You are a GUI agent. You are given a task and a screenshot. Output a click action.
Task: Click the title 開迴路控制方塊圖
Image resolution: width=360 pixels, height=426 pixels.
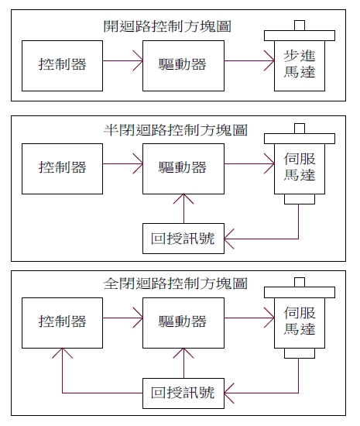click(167, 26)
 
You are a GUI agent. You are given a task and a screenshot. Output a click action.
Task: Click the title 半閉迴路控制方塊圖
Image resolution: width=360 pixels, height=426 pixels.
click(176, 130)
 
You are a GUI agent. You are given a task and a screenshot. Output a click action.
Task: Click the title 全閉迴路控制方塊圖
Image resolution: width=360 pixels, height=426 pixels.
click(176, 283)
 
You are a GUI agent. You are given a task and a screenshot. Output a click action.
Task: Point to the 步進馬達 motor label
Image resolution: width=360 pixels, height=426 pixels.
click(300, 64)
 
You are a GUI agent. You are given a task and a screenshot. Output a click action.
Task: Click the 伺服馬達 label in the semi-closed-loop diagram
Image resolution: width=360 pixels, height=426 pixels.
click(300, 167)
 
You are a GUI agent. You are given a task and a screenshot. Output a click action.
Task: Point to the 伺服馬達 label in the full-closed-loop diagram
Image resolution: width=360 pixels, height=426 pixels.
click(300, 321)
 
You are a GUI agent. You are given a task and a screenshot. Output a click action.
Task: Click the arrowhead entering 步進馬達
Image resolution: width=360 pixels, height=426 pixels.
click(273, 60)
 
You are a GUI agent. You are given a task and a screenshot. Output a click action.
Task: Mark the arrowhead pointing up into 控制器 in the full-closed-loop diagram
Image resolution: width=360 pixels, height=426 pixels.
click(62, 349)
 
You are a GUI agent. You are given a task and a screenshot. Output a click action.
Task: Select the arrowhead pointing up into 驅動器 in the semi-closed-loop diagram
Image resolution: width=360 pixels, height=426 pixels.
click(183, 194)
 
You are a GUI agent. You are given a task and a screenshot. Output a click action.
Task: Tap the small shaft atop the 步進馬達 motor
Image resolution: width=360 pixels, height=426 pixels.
click(300, 26)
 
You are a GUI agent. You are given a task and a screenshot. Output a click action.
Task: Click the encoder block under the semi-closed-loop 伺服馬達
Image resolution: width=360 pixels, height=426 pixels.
click(300, 199)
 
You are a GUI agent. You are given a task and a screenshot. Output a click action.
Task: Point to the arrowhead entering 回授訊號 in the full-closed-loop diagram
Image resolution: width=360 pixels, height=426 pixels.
click(225, 393)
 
